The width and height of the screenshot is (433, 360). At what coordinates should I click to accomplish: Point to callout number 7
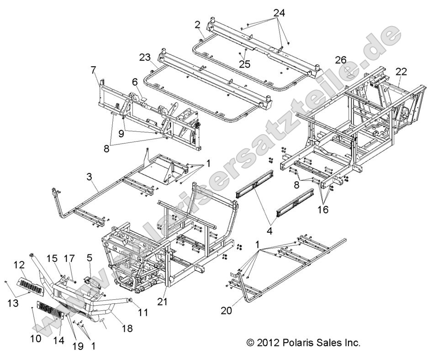(x=93, y=70)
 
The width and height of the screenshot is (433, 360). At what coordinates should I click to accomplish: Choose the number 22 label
(x=401, y=72)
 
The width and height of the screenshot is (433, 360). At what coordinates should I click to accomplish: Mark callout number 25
(x=244, y=64)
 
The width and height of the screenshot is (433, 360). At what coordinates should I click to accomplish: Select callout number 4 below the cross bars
(x=269, y=231)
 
